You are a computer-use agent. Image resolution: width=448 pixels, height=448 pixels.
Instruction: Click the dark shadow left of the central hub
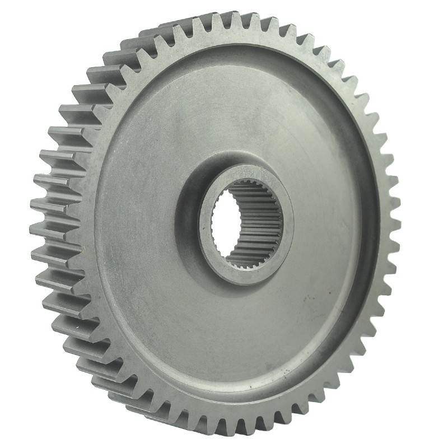click(x=188, y=224)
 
